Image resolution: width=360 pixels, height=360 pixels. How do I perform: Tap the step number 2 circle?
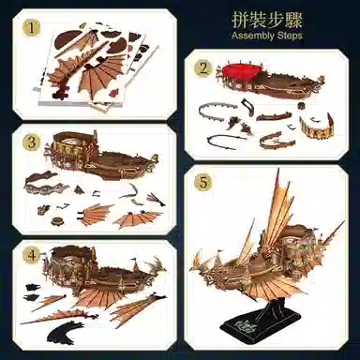(202, 68)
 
